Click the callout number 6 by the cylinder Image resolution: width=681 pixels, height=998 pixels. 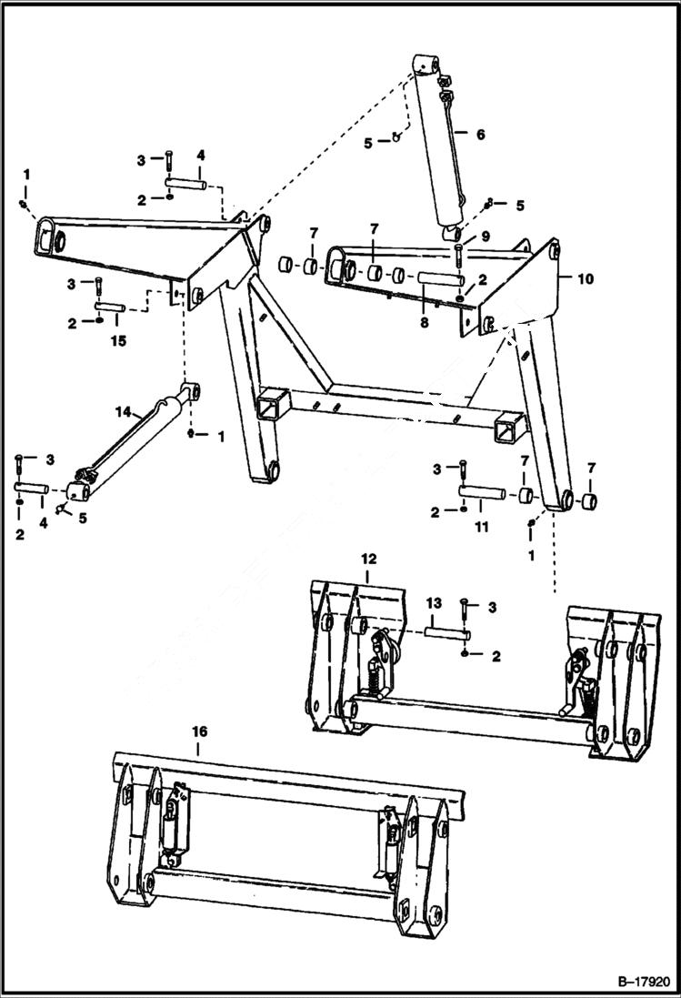pos(480,135)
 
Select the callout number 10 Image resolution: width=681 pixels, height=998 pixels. pos(585,278)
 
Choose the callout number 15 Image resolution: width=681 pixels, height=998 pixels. pos(116,341)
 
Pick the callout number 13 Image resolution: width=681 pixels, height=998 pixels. pos(434,603)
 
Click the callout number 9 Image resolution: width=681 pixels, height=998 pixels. pos(486,237)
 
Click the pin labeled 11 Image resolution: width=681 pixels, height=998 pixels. pos(481,493)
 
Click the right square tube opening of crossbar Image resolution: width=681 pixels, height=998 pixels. pos(510,427)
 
